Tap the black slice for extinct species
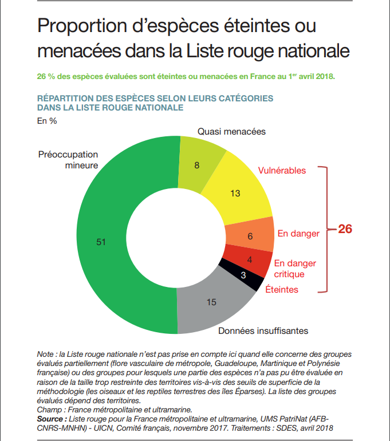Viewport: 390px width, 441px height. coord(242,275)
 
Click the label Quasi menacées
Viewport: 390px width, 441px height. coord(231,131)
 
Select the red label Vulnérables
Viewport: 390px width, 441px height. coord(282,171)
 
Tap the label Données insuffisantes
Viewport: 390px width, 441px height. coord(263,331)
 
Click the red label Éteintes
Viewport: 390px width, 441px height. coord(282,289)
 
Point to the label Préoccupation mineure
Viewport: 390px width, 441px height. coord(68,160)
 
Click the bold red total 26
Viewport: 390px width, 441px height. coord(345,229)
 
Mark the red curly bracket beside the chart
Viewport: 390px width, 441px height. coord(327,229)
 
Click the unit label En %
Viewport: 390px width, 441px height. coord(47,121)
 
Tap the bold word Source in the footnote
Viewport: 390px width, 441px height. coord(50,419)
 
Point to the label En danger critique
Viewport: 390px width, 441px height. coord(295,269)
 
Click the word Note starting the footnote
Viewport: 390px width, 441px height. coord(45,354)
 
